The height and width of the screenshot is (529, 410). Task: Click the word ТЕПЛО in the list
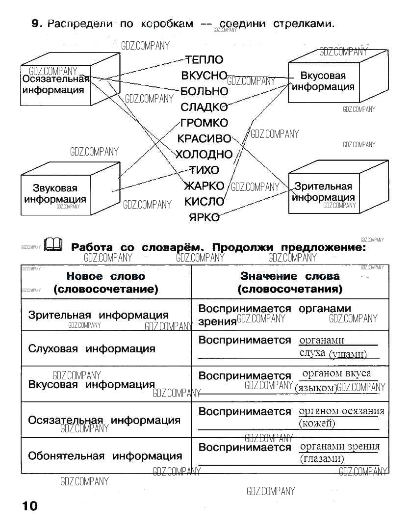coord(204,60)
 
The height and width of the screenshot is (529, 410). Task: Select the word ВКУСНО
coord(204,76)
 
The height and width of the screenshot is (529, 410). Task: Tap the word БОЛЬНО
coord(204,91)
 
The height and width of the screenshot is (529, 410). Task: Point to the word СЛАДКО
coord(204,107)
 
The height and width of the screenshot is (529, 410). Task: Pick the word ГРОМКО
coord(204,123)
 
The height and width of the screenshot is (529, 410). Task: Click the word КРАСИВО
coord(204,139)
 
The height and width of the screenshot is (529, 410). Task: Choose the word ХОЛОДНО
coord(204,155)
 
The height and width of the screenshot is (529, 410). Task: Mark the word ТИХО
coord(205,170)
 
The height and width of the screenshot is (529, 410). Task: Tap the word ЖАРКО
coord(204,186)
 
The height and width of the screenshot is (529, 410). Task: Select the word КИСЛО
coord(204,201)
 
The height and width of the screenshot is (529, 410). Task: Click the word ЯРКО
coord(204,217)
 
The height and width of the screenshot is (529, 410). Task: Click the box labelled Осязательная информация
coord(55,84)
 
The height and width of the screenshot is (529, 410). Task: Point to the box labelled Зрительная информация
coord(323,192)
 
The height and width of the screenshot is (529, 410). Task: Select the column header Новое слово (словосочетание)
coord(106,283)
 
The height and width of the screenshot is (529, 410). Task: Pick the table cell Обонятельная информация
coord(105,456)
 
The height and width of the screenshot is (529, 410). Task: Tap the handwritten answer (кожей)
coord(317,423)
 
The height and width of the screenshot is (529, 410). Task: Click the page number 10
coord(29,506)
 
